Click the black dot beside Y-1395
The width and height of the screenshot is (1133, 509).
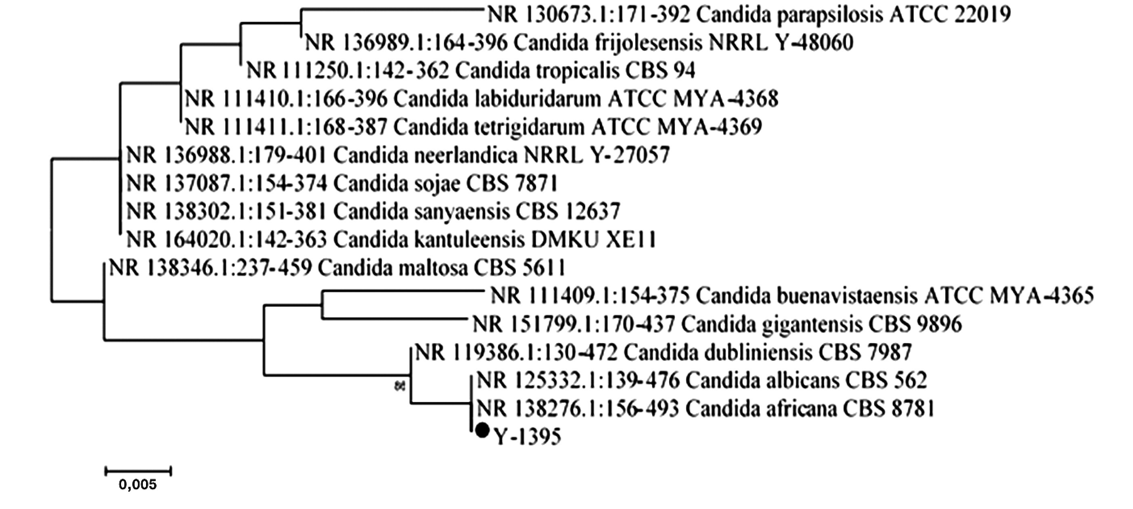(482, 430)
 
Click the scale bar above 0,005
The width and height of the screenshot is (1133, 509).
(138, 471)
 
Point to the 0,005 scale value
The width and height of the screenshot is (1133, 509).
(138, 486)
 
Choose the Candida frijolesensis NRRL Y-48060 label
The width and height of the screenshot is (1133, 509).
(579, 43)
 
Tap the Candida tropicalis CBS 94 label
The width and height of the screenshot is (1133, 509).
(471, 70)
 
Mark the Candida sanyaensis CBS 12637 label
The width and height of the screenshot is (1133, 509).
(373, 211)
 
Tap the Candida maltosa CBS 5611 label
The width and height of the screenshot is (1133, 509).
(337, 268)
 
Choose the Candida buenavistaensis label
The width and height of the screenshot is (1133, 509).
(791, 296)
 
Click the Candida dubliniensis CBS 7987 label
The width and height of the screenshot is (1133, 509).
(663, 352)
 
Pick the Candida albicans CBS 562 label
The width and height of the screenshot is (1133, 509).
(702, 381)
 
